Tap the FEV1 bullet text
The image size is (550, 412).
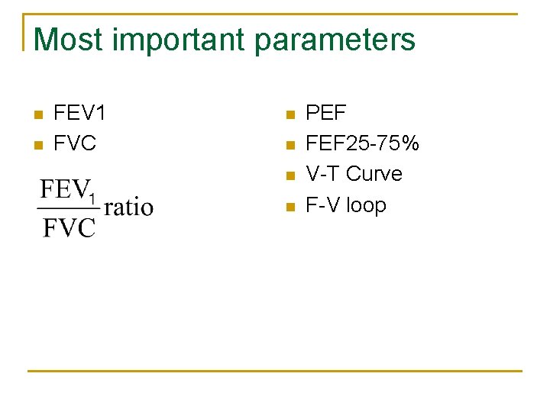pyautogui.click(x=79, y=114)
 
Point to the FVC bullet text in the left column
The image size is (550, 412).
pyautogui.click(x=75, y=143)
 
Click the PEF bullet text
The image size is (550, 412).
pyautogui.click(x=325, y=114)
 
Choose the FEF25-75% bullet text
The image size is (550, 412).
pyautogui.click(x=362, y=143)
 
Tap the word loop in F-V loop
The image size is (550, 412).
pyautogui.click(x=366, y=205)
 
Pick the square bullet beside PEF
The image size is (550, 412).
pyautogui.click(x=288, y=115)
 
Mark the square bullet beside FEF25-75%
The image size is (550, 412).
pyautogui.click(x=288, y=144)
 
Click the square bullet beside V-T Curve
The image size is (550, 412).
pyautogui.click(x=288, y=175)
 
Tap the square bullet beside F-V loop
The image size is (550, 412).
pyautogui.click(x=288, y=206)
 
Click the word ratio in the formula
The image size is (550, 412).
pyautogui.click(x=128, y=207)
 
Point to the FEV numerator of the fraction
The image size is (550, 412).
pyautogui.click(x=63, y=189)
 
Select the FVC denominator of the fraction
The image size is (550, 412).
pyautogui.click(x=69, y=227)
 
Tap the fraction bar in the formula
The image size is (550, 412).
pyautogui.click(x=70, y=208)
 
